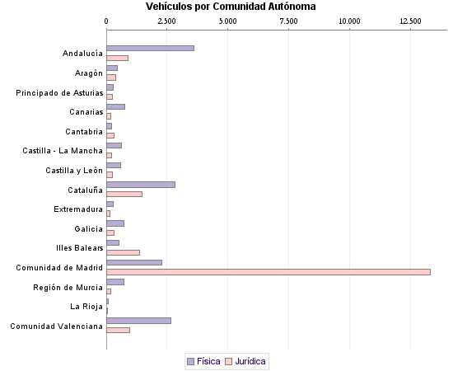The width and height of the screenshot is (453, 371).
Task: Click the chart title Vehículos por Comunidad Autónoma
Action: pyautogui.click(x=230, y=7)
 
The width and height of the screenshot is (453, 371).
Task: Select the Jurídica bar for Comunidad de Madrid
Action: pyautogui.click(x=269, y=272)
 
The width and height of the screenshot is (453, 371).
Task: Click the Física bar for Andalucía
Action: pyautogui.click(x=150, y=48)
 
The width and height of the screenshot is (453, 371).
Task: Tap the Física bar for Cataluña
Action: pyautogui.click(x=141, y=185)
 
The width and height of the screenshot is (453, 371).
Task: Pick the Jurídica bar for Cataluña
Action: pyautogui.click(x=124, y=194)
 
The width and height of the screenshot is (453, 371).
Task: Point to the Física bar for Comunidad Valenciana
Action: pyautogui.click(x=138, y=321)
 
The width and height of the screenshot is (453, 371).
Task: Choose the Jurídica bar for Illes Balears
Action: pyautogui.click(x=123, y=252)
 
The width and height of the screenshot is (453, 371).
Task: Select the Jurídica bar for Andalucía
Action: pyautogui.click(x=117, y=58)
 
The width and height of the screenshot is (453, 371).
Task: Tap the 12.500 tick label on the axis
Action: pyautogui.click(x=410, y=20)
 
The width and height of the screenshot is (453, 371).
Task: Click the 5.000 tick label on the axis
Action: pyautogui.click(x=228, y=20)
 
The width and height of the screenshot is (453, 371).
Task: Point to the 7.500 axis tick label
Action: pyautogui.click(x=289, y=20)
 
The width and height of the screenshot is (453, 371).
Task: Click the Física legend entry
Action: pyautogui.click(x=203, y=361)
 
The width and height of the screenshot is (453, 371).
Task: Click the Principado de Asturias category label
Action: pyautogui.click(x=60, y=92)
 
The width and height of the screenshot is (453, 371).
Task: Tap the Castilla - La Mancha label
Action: pyautogui.click(x=63, y=151)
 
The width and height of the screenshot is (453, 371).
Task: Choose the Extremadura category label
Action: pyautogui.click(x=78, y=209)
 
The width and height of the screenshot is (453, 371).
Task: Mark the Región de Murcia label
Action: pyautogui.click(x=68, y=287)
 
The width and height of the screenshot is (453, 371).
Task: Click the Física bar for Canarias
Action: pyautogui.click(x=115, y=106)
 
